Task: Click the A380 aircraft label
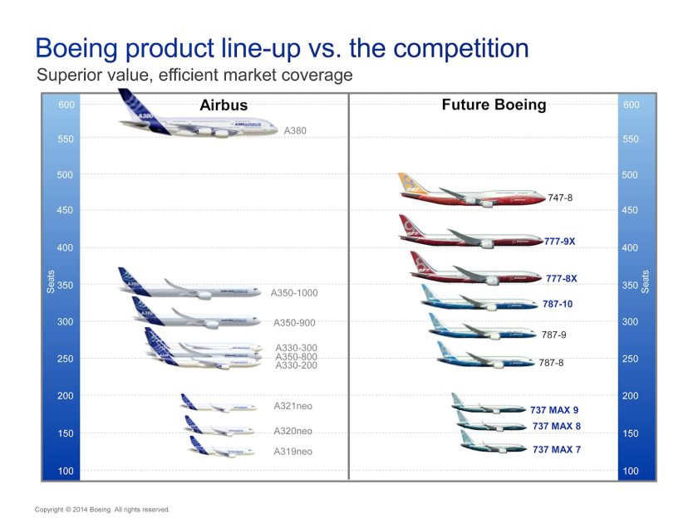(295, 130)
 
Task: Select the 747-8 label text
(560, 198)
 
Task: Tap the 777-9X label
(559, 242)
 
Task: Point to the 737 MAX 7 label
(557, 449)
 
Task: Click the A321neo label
(292, 406)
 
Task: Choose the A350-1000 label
(294, 293)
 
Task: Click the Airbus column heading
(224, 105)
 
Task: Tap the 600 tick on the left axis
(66, 105)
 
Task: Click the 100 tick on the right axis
(631, 471)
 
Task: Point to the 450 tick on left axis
(66, 211)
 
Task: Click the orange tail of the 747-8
(409, 183)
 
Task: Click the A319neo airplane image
(218, 449)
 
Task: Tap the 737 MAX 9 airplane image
(489, 406)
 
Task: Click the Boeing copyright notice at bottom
(102, 509)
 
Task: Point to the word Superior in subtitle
(67, 76)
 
